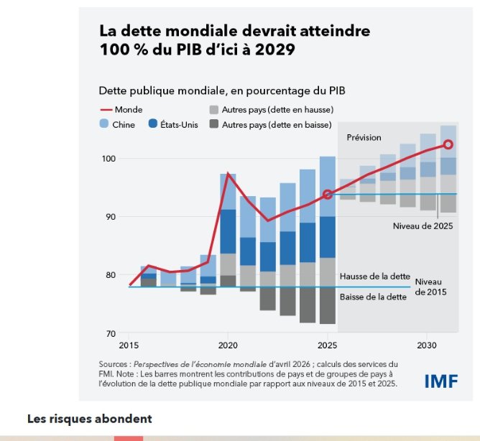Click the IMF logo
[440, 381]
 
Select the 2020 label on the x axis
[228, 345]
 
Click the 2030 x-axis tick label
[428, 345]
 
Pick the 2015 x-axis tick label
[129, 345]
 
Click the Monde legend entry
[121, 110]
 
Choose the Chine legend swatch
[104, 124]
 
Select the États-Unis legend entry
[173, 124]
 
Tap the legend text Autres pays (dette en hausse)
[277, 110]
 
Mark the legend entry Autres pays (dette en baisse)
[277, 124]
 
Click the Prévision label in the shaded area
[364, 137]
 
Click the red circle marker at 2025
[328, 194]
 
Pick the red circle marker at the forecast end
[448, 144]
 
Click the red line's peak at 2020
[228, 174]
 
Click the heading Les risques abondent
[90, 418]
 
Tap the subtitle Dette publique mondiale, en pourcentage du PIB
[223, 90]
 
